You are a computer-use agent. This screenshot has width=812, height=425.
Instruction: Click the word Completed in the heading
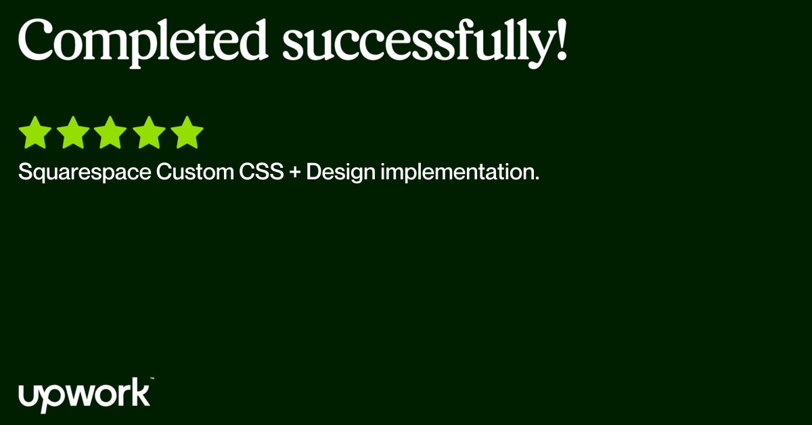coord(143,43)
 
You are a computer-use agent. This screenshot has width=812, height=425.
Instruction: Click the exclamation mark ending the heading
coord(562,39)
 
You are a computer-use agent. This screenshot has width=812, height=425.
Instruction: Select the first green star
coord(35,133)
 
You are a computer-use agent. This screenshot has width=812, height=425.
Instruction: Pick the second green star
coord(73,133)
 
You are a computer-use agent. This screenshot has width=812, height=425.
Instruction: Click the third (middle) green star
coord(110,133)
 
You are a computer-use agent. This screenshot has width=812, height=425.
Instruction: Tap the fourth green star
coord(149,133)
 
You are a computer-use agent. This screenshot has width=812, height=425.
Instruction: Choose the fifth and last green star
coord(187,133)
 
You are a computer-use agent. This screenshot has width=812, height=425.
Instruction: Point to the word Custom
coord(195,171)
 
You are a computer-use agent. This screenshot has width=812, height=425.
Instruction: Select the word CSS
coord(261,171)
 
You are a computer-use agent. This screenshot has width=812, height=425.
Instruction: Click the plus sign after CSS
coord(295,171)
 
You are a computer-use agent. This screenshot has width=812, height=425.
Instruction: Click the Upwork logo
coord(84,395)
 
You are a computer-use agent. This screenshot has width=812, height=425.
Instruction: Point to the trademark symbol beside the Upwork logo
coord(152,378)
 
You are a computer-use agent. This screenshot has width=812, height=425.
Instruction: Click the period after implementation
coord(537,179)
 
